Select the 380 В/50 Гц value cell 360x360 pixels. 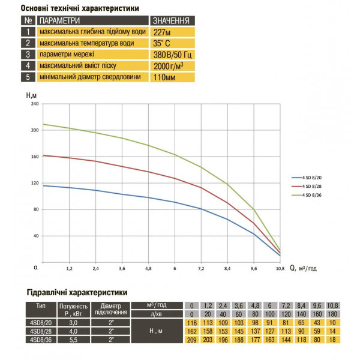pyautogui.click(x=172, y=55)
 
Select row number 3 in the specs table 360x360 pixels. pyautogui.click(x=28, y=55)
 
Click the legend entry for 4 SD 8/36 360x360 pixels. pyautogui.click(x=307, y=195)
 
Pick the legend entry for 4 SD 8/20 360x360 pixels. pyautogui.click(x=307, y=178)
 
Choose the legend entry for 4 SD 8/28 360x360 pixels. pyautogui.click(x=307, y=186)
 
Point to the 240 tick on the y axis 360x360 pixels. pyautogui.click(x=35, y=104)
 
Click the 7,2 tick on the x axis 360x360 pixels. pyautogui.click(x=201, y=268)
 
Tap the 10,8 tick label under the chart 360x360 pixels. pyautogui.click(x=280, y=268)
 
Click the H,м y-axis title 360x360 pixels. pyautogui.click(x=31, y=95)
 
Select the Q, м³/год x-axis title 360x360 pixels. pyautogui.click(x=303, y=268)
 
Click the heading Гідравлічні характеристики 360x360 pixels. pyautogui.click(x=77, y=293)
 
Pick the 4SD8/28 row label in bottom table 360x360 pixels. pyautogui.click(x=41, y=331)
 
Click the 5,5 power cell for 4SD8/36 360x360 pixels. pyautogui.click(x=73, y=340)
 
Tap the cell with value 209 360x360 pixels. pyautogui.click(x=192, y=340)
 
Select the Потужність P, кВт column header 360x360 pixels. pyautogui.click(x=73, y=310)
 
